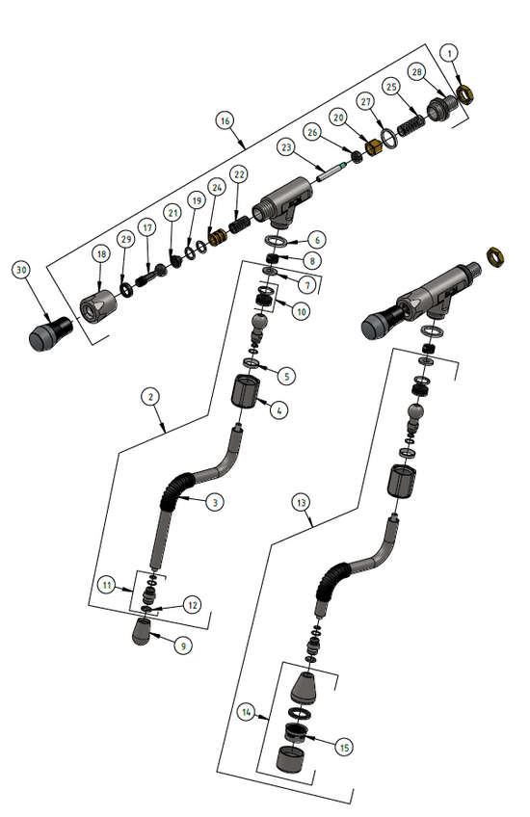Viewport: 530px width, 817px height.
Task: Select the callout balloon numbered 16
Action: pos(225,121)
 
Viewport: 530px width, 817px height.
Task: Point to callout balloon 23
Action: pos(285,147)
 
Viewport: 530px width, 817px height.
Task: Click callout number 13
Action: pos(302,503)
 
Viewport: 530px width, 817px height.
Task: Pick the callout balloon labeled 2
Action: pos(149,396)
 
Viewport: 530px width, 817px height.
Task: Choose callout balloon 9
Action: pos(181,646)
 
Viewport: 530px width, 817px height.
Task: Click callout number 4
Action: pos(278,409)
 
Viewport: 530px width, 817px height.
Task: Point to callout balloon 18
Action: pos(101,252)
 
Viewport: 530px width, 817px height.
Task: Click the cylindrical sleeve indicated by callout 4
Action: pos(250,392)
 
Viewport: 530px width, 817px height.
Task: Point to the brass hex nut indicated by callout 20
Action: pos(374,145)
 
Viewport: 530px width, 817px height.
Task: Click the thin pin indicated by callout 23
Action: pos(331,171)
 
